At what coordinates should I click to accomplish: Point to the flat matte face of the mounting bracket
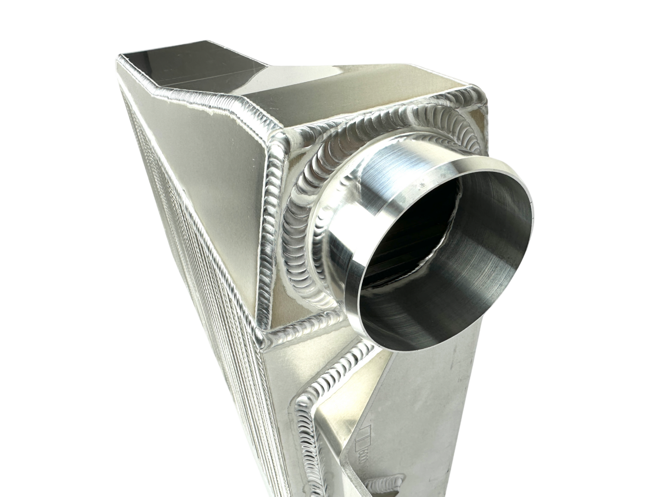tap(430, 414)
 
